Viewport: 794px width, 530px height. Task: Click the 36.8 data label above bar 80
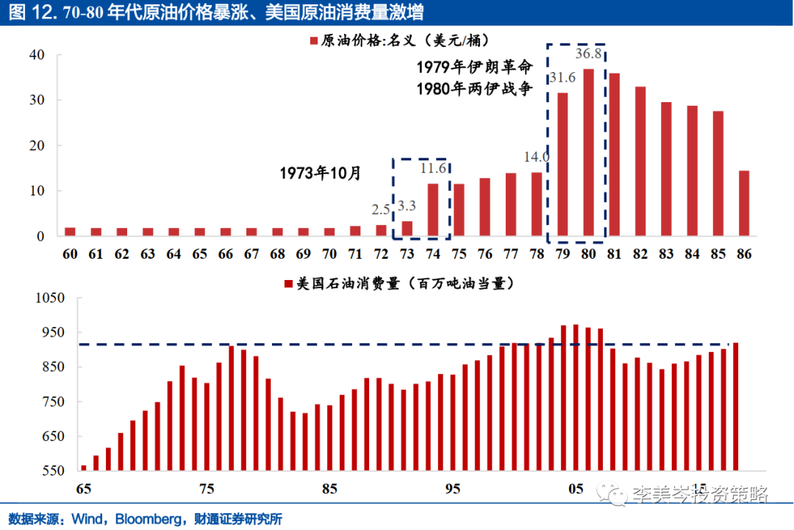(589, 54)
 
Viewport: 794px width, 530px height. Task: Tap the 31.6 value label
(562, 78)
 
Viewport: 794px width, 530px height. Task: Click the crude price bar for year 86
(744, 204)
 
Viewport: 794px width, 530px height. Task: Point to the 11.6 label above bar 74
(433, 168)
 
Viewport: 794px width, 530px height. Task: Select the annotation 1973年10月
(321, 173)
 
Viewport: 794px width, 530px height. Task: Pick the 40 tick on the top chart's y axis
(37, 55)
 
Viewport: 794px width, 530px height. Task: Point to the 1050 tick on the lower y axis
(32, 298)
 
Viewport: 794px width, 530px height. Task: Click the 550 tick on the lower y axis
(35, 471)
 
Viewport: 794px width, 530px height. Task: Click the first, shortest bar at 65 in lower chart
(84, 468)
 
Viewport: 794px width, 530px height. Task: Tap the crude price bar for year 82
(640, 162)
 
